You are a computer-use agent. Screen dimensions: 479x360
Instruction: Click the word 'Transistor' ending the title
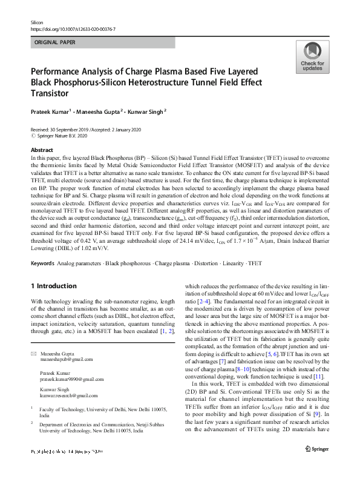pos(52,94)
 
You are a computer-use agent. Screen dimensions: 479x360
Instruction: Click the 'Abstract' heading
pos(41,150)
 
